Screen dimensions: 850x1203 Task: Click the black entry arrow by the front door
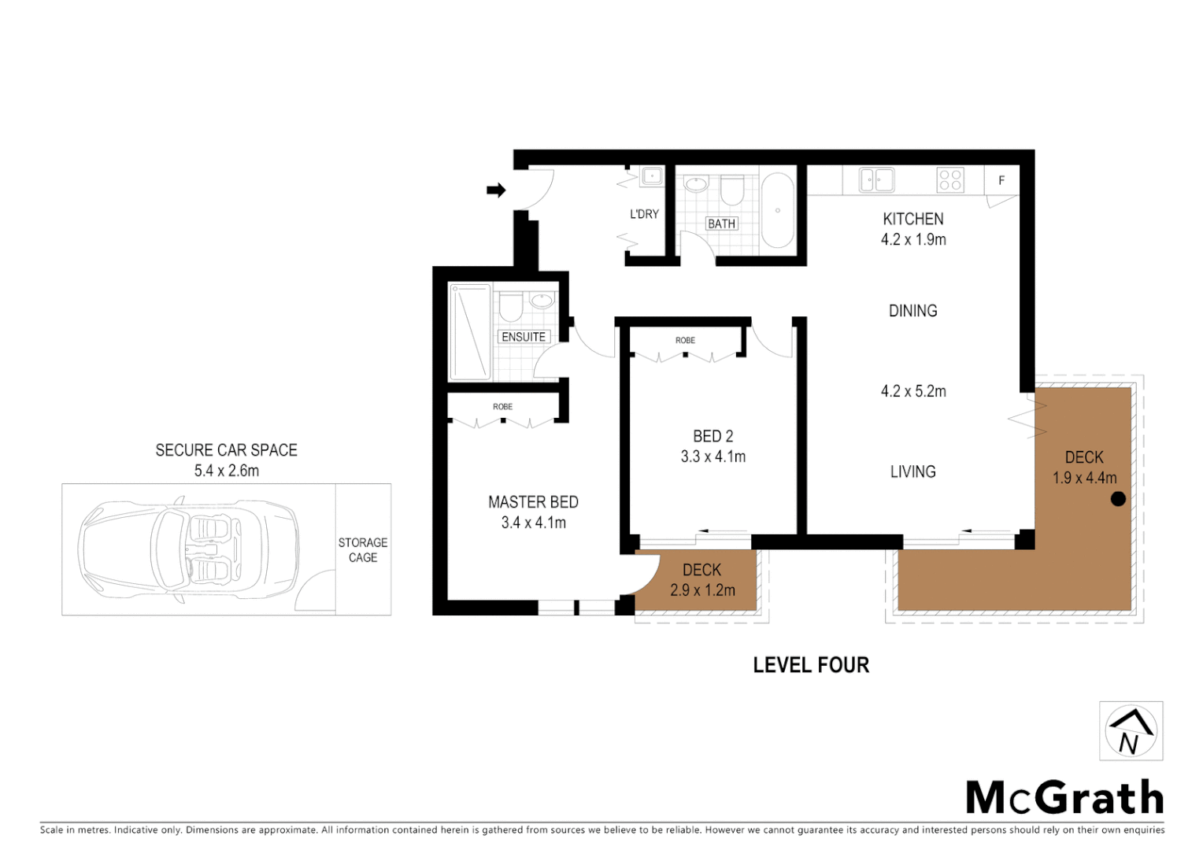[x=496, y=190]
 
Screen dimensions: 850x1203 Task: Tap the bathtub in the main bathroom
[x=777, y=210]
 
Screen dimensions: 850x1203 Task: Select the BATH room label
[x=721, y=224]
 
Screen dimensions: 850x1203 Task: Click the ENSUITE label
[x=524, y=337]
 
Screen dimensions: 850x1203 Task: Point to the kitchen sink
[x=876, y=179]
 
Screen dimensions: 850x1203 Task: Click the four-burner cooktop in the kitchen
[x=950, y=180]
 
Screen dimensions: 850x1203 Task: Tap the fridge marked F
[x=1001, y=180]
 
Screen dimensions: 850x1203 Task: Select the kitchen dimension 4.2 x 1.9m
[x=913, y=240]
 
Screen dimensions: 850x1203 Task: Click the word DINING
[x=913, y=311]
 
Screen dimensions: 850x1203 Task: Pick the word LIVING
[x=913, y=471]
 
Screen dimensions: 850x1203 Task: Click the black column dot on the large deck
[x=1118, y=499]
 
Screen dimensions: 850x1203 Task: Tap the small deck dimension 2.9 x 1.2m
[x=702, y=590]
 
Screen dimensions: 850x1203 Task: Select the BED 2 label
[x=713, y=436]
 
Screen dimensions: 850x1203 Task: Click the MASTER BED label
[x=533, y=502]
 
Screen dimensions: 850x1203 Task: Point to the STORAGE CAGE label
[x=363, y=550]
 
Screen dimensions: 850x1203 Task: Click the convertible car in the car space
[x=189, y=549]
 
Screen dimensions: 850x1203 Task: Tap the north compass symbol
[x=1131, y=731]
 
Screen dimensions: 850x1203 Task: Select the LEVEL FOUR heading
[x=811, y=665]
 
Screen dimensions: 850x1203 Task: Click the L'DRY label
[x=644, y=214]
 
